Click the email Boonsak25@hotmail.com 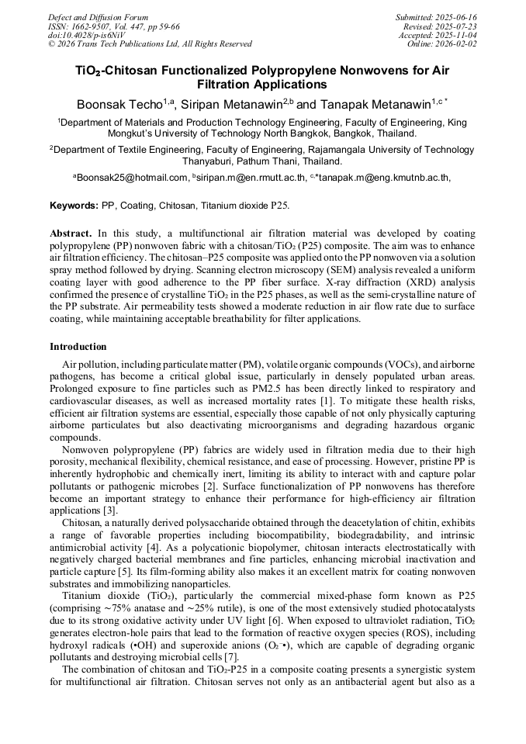[132, 178]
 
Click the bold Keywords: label [74, 206]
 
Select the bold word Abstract [72, 233]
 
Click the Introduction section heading [78, 346]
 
